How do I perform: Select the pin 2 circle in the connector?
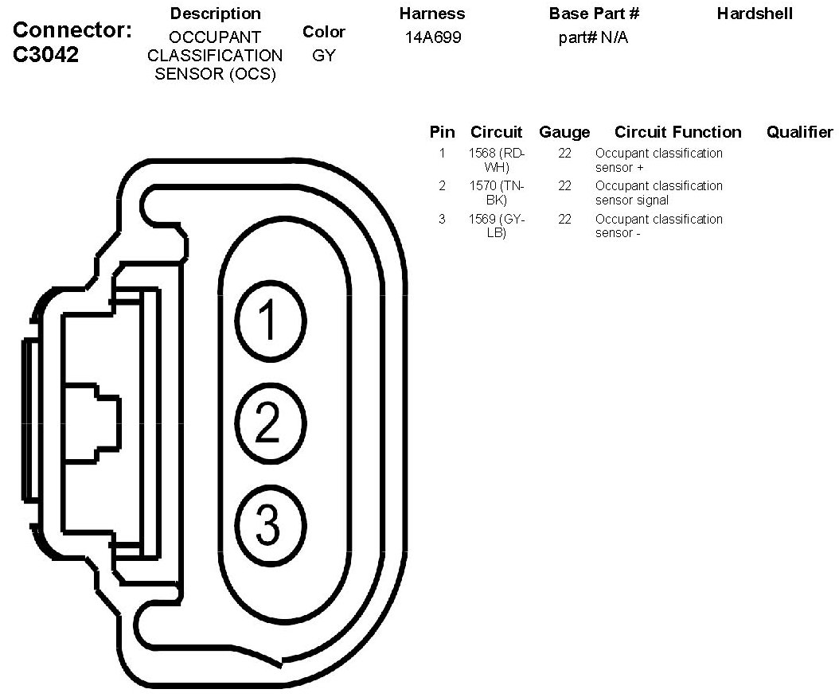coord(270,422)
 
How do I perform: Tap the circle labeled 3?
coord(270,523)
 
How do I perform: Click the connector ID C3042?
coord(47,56)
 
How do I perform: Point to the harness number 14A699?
coord(432,37)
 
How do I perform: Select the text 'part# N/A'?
coord(593,37)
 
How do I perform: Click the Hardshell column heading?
coord(755,14)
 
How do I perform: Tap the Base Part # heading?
coord(594,14)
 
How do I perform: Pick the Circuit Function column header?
coord(677,132)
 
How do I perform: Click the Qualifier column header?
coord(799,132)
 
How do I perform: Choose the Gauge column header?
coord(564,132)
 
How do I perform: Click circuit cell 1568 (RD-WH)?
coord(498,160)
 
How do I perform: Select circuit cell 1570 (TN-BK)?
coord(498,193)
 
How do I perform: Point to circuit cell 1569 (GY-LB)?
coord(498,226)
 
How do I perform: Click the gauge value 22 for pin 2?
coord(564,186)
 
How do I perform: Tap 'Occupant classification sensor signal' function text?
coord(658,193)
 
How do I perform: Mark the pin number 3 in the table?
coord(442,219)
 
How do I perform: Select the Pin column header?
coord(442,132)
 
